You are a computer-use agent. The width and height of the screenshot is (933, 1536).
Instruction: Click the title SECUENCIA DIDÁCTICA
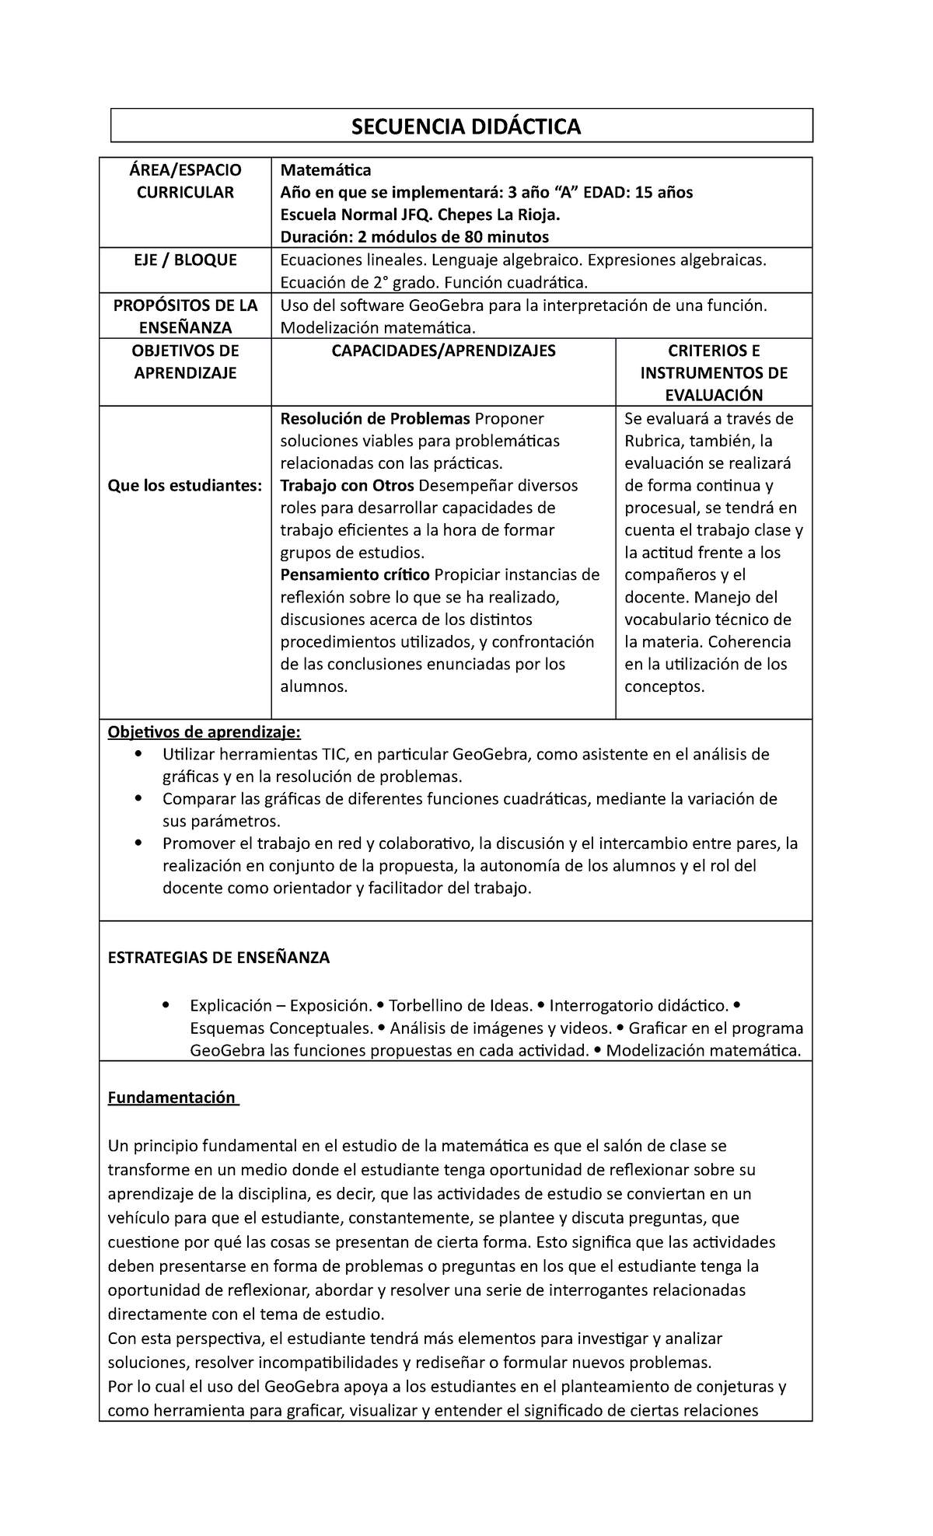[x=466, y=127]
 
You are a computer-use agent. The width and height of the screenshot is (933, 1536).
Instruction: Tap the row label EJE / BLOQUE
[x=185, y=260]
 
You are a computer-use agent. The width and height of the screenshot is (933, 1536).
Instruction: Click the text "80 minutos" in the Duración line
[x=508, y=236]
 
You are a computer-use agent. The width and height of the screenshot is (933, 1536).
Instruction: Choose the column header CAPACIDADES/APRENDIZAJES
[x=443, y=351]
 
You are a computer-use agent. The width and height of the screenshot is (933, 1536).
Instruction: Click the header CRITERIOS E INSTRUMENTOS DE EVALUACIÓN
[x=714, y=373]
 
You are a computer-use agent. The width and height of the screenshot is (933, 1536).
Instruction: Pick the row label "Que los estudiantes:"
[x=185, y=486]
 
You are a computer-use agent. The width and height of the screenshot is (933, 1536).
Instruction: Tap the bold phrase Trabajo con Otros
[x=348, y=486]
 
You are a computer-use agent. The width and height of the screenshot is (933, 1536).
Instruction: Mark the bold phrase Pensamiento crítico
[x=355, y=575]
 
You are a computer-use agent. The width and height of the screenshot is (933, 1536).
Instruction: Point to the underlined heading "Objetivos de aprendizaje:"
[x=203, y=732]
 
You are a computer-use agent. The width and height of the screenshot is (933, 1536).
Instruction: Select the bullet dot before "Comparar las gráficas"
[x=138, y=799]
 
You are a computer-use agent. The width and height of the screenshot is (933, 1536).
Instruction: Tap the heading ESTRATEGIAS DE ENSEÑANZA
[x=218, y=958]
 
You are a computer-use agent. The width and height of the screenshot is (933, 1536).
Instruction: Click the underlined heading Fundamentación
[x=172, y=1098]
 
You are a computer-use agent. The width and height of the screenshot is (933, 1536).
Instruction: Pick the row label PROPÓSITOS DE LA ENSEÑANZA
[x=185, y=316]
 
